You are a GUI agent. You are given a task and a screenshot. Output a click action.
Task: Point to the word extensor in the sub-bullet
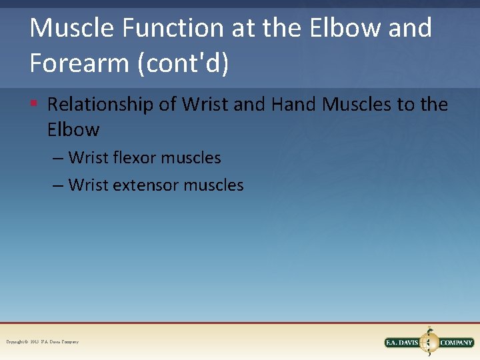pos(147,185)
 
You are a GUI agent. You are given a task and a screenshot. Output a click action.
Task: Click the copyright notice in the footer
pos(42,342)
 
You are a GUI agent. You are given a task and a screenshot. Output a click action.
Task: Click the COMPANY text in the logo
pos(456,343)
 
